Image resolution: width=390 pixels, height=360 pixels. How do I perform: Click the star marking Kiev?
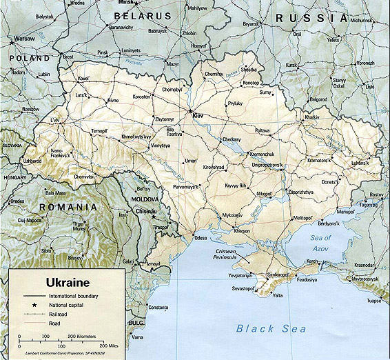191,110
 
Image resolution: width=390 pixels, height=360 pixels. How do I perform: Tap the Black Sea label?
271,328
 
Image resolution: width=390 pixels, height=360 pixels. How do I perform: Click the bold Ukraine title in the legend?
69,282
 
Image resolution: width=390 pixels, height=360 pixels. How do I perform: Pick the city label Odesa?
200,238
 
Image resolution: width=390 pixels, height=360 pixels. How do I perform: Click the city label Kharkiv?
312,118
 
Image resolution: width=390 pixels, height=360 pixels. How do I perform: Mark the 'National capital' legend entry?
68,304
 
